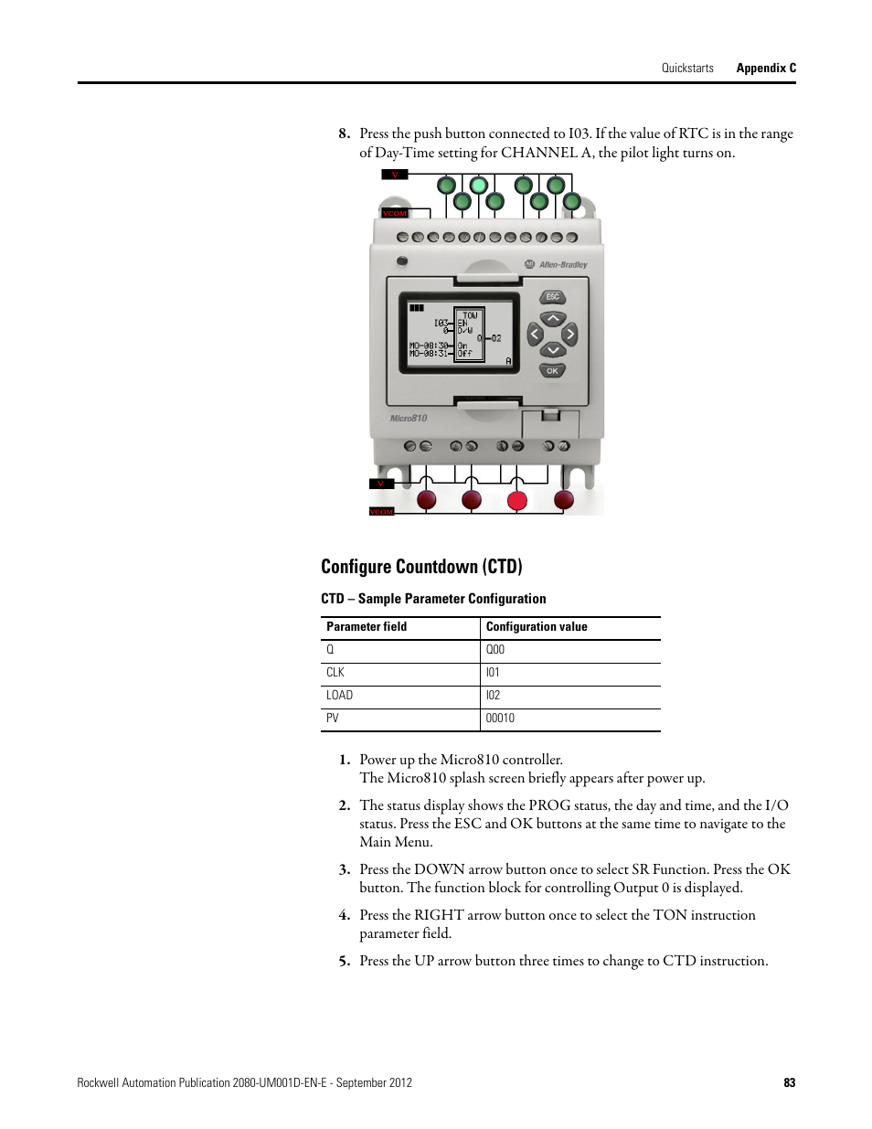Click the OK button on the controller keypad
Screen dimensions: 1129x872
[552, 371]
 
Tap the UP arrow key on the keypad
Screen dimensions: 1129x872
[552, 319]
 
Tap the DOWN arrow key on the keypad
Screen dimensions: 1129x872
[552, 350]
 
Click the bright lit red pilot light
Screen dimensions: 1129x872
[517, 500]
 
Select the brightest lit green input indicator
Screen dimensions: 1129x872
[478, 186]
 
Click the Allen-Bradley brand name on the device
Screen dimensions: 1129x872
[562, 265]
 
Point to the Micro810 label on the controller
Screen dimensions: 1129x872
[409, 419]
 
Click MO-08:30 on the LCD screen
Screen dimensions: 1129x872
[429, 346]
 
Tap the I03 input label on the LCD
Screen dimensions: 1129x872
[441, 323]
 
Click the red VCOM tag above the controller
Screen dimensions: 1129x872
[394, 214]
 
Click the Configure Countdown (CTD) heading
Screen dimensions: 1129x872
[421, 567]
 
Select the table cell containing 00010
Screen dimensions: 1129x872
[500, 719]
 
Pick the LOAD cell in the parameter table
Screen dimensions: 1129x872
[339, 696]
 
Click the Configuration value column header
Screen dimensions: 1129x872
[537, 627]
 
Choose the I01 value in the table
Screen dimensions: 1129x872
[493, 673]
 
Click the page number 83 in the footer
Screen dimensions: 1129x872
[789, 1082]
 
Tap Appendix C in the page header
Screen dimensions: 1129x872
[766, 68]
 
